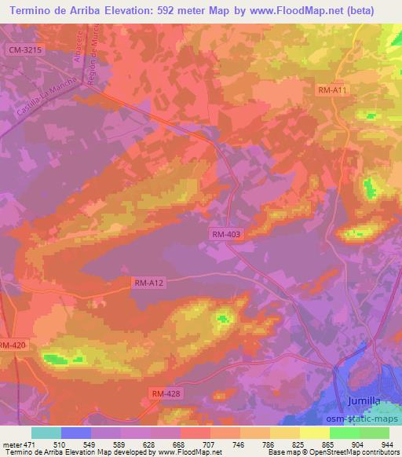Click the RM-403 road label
click(x=226, y=234)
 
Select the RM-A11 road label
click(x=334, y=91)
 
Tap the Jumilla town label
click(x=363, y=402)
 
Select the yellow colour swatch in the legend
click(x=314, y=433)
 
